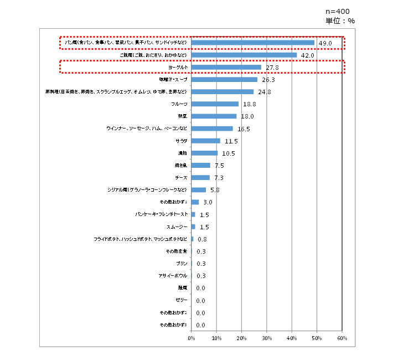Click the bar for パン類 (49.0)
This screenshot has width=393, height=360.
click(x=253, y=43)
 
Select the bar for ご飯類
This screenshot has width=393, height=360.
click(x=244, y=55)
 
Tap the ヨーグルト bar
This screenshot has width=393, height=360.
click(x=226, y=68)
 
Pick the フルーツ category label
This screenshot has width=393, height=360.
click(x=182, y=104)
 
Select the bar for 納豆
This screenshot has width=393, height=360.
click(x=214, y=116)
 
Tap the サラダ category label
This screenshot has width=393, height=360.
click(x=182, y=141)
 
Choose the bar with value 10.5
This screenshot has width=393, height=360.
click(x=205, y=153)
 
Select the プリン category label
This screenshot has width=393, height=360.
click(x=183, y=263)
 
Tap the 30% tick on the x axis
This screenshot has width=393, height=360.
click(x=267, y=338)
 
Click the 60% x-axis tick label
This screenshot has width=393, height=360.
click(x=342, y=338)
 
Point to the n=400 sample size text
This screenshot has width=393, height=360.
click(x=337, y=11)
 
